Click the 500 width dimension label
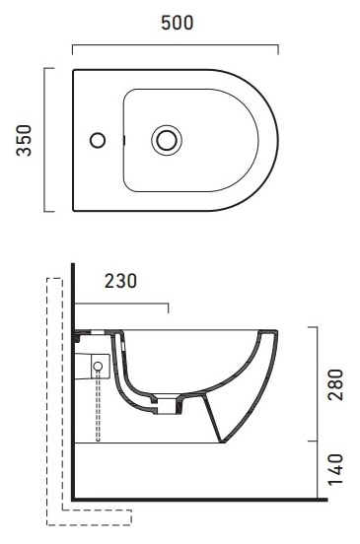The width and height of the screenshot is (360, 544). pyautogui.click(x=178, y=23)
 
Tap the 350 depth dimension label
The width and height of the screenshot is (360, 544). pyautogui.click(x=24, y=140)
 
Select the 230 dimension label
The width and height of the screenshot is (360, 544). pyautogui.click(x=120, y=281)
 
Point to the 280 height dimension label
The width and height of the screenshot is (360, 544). pyautogui.click(x=335, y=384)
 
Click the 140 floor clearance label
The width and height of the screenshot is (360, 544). pyautogui.click(x=335, y=469)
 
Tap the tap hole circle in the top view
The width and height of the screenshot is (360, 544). pyautogui.click(x=98, y=140)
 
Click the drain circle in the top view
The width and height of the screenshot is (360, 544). pyautogui.click(x=167, y=140)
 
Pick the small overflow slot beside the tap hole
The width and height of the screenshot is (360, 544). pyautogui.click(x=124, y=140)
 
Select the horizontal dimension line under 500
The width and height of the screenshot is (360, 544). pyautogui.click(x=176, y=44)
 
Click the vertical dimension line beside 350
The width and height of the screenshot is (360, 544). pyautogui.click(x=44, y=140)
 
